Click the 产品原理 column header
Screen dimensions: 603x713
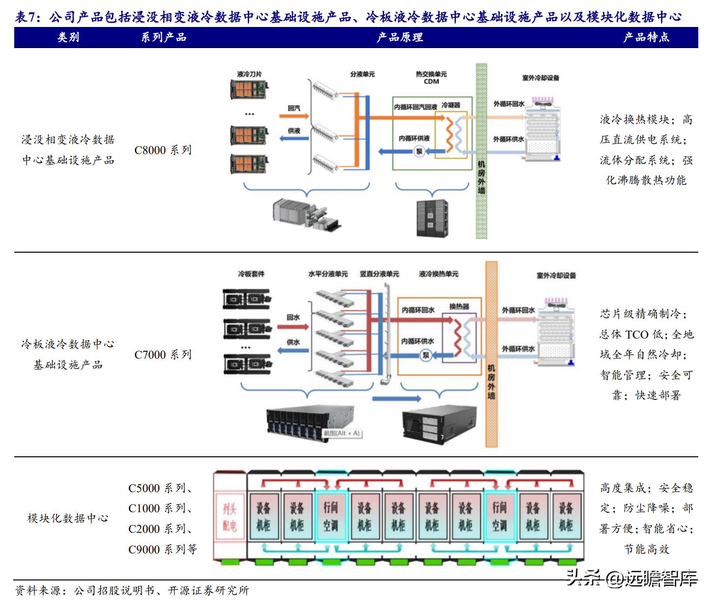[x=399, y=37]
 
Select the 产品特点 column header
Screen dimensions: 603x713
[x=646, y=37]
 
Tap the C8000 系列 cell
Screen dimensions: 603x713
[x=162, y=150]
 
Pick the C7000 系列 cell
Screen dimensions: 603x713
[x=162, y=355]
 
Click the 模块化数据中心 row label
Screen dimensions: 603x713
[x=68, y=518]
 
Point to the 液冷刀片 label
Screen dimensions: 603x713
[x=249, y=75]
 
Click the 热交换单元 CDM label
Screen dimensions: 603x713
[x=431, y=78]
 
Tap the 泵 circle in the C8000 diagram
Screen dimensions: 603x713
[x=419, y=152]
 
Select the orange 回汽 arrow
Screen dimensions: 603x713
[x=294, y=116]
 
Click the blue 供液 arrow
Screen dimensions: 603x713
[x=294, y=138]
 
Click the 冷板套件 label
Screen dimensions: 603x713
[x=251, y=274]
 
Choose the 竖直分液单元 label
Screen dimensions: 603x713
[x=379, y=274]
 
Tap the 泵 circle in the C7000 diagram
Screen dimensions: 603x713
[x=426, y=355]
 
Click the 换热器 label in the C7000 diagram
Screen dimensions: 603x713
[x=459, y=307]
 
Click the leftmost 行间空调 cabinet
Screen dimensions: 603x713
[x=330, y=517]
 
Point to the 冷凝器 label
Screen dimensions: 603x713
[x=451, y=105]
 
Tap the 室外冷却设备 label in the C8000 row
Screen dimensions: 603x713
[x=540, y=78]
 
